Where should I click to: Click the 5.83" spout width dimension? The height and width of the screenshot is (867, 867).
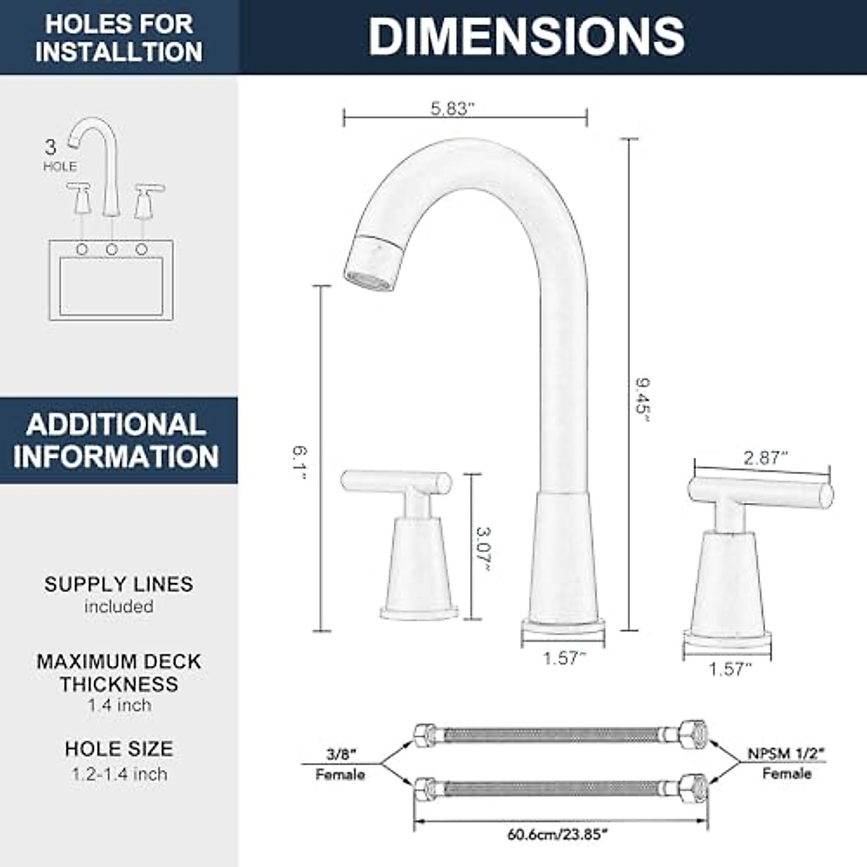[x=452, y=109]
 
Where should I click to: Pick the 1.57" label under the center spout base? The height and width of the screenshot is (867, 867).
[x=564, y=658]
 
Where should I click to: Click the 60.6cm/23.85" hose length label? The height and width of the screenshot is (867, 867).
[x=557, y=834]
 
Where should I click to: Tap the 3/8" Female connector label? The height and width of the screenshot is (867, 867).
[x=340, y=763]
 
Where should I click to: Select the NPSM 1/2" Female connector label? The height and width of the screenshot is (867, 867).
[x=787, y=763]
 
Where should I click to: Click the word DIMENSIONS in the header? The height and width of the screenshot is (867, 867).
[x=527, y=36]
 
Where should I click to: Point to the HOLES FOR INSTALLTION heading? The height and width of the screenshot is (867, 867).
[x=118, y=38]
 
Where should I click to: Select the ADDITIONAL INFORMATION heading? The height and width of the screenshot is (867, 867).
[x=116, y=440]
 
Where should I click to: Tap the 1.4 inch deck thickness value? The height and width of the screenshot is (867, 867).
[x=119, y=705]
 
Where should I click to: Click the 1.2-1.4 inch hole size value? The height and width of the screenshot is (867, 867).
[x=119, y=774]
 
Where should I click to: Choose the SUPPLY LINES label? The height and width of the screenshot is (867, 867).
[x=118, y=584]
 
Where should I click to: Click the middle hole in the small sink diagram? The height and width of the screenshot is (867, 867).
[x=112, y=249]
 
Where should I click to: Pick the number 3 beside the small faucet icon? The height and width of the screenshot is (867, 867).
[x=51, y=147]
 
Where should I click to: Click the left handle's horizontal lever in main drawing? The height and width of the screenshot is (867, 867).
[x=396, y=480]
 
